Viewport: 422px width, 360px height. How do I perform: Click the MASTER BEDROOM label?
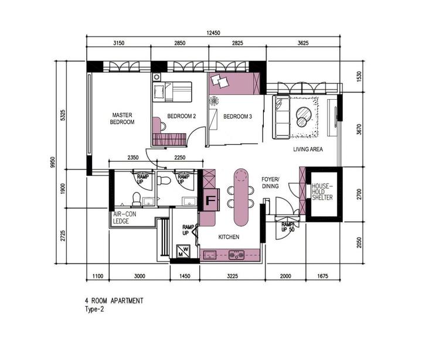[122, 118]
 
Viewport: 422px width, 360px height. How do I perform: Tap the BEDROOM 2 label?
[181, 116]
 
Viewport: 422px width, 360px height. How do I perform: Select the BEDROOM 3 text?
[237, 117]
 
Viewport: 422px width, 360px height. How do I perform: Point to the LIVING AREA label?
[308, 149]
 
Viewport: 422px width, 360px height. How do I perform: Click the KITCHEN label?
[229, 237]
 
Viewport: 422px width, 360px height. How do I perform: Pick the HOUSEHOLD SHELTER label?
[322, 192]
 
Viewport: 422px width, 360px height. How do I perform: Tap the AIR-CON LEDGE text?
[125, 218]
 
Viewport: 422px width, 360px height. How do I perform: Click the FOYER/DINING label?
[270, 182]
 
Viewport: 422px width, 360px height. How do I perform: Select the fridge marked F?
[211, 200]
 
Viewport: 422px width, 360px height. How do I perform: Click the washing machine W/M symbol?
[183, 251]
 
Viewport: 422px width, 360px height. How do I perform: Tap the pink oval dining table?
[241, 197]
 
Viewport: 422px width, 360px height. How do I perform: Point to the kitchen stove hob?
[236, 254]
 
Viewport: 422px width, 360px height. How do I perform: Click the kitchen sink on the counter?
[210, 254]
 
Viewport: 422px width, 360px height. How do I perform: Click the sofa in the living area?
[281, 117]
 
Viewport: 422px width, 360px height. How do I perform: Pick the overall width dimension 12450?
[213, 33]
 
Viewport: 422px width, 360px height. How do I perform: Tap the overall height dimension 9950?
[53, 162]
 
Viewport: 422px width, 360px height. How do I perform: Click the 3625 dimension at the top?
[303, 43]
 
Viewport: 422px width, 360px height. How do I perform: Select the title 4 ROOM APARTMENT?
[114, 301]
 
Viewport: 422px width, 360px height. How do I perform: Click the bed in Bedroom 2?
[172, 92]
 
